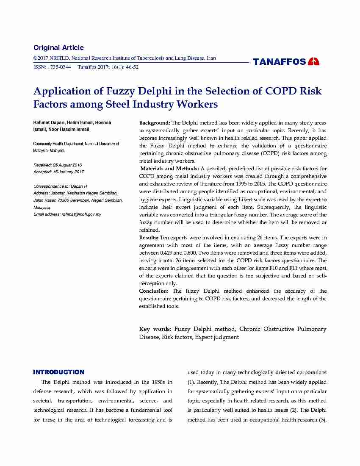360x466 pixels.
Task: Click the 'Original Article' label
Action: click(58, 47)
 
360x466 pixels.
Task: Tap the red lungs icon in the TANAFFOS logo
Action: click(314, 61)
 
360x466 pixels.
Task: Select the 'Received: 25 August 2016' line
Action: click(58, 165)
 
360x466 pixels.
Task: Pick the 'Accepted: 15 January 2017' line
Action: click(58, 172)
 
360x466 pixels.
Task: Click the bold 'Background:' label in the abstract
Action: click(155, 123)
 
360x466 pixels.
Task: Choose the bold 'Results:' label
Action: click(149, 238)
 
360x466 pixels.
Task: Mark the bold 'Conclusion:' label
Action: click(153, 291)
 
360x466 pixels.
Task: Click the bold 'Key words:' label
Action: click(155, 329)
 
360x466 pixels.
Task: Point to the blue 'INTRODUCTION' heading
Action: click(59, 372)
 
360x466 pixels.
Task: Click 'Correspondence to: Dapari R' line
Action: click(60, 186)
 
